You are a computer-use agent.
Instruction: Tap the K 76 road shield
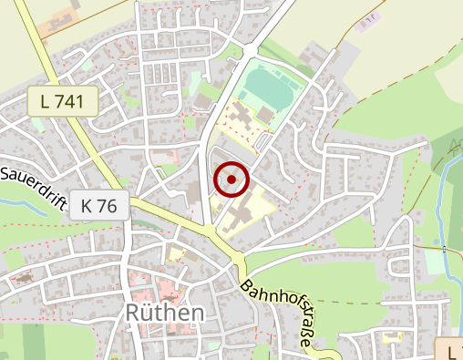(x=98, y=206)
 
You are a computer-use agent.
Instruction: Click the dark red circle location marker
(x=231, y=180)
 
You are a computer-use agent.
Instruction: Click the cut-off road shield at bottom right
(x=451, y=351)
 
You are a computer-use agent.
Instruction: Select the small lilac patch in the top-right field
(x=368, y=20)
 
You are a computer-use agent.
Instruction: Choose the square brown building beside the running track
(x=265, y=115)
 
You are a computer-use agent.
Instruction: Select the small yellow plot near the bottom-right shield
(x=393, y=338)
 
